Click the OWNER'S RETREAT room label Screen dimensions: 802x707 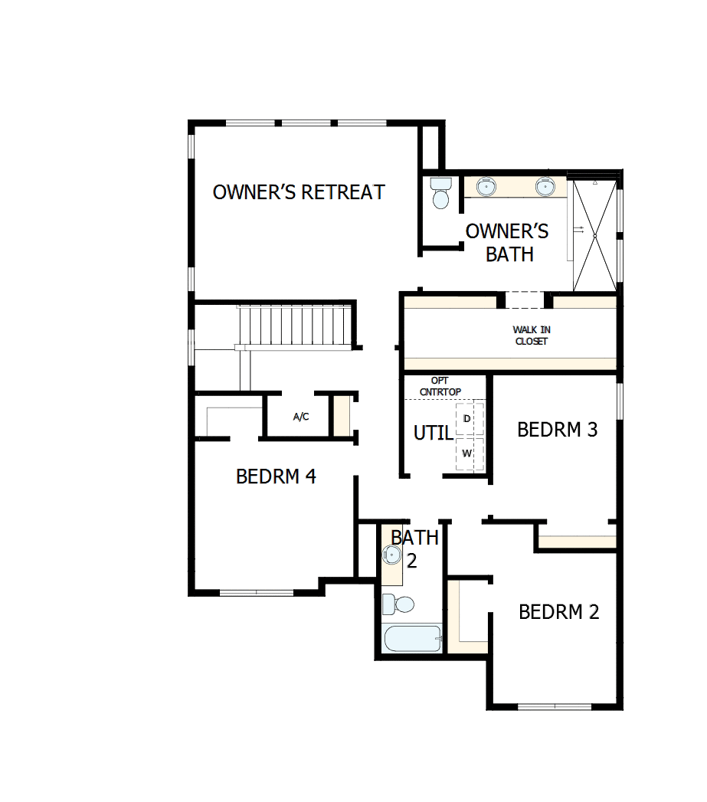pos(299,192)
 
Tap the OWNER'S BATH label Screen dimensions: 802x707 pos(508,242)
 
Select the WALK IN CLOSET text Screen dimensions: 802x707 pos(531,336)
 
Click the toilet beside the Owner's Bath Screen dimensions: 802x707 pos(440,194)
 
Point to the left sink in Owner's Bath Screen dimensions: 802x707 pos(485,186)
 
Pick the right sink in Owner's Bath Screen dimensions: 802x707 pos(545,186)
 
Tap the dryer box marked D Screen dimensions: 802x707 pos(467,419)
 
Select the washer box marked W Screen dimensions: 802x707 pos(466,453)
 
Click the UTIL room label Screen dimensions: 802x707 pos(433,433)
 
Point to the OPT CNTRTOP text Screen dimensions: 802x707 pos(440,386)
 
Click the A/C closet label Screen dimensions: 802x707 pos(301,417)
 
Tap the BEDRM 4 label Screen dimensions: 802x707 pos(276,476)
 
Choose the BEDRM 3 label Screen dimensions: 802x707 pos(557,429)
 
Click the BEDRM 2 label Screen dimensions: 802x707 pos(558,612)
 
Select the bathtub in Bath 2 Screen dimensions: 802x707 pos(412,638)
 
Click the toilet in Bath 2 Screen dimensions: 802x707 pos(398,604)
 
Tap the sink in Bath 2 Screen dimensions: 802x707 pos(391,553)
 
